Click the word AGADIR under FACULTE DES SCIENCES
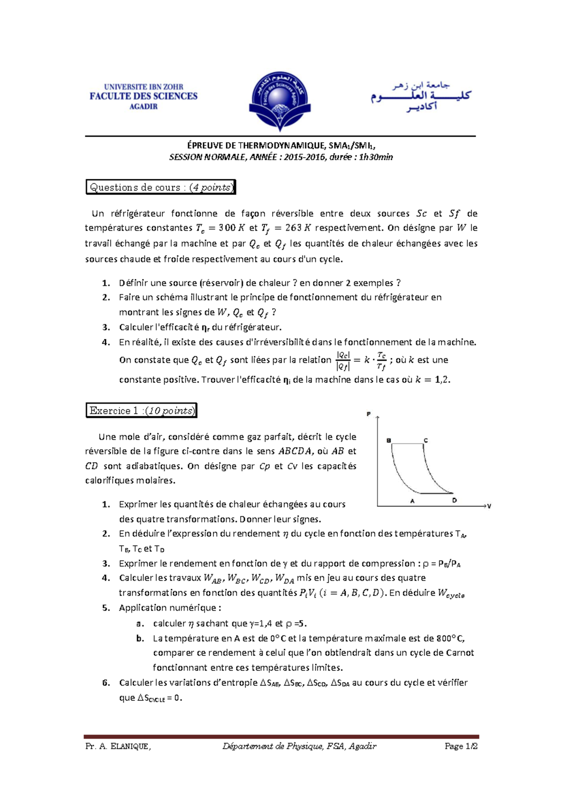(x=144, y=107)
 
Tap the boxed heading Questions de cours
(x=160, y=187)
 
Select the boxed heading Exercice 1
(x=141, y=411)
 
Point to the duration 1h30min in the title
(x=376, y=157)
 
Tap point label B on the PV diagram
(x=388, y=441)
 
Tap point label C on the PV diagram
(x=426, y=440)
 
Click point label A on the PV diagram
(x=412, y=501)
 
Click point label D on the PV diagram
(x=454, y=500)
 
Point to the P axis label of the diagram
(x=369, y=414)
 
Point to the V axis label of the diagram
(x=489, y=506)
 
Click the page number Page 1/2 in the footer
(x=461, y=746)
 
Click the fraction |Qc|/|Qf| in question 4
(x=343, y=360)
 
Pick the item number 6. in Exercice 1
(x=106, y=683)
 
